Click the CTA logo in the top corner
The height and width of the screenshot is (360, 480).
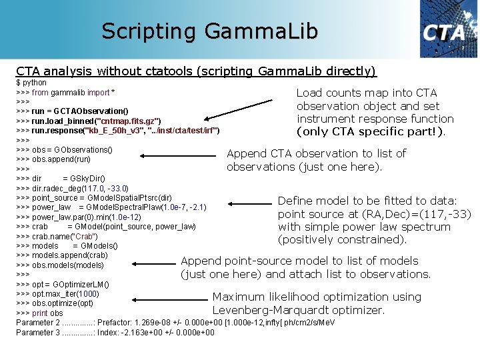[447, 29]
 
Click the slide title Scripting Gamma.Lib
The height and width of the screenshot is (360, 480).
[210, 31]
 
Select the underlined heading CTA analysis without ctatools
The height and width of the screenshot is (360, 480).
[196, 71]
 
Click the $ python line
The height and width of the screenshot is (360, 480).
[31, 83]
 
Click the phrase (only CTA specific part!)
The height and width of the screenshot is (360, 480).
[371, 132]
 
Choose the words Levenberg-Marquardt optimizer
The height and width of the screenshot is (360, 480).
[298, 311]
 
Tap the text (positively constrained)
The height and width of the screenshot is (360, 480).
[342, 240]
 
